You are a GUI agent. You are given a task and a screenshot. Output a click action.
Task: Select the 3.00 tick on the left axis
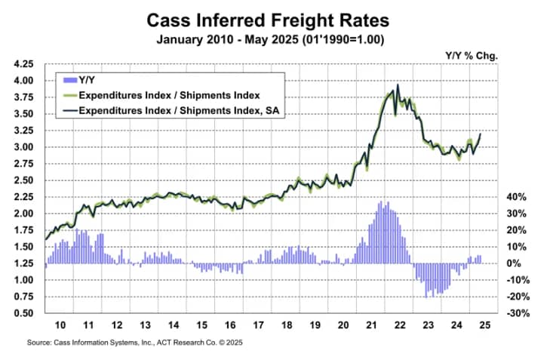tap(25, 147)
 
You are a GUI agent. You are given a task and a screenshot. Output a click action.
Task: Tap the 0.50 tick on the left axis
tap(25, 313)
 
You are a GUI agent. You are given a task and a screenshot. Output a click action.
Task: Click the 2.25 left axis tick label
tap(25, 197)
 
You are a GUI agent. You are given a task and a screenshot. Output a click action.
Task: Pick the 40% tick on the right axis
tap(515, 197)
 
